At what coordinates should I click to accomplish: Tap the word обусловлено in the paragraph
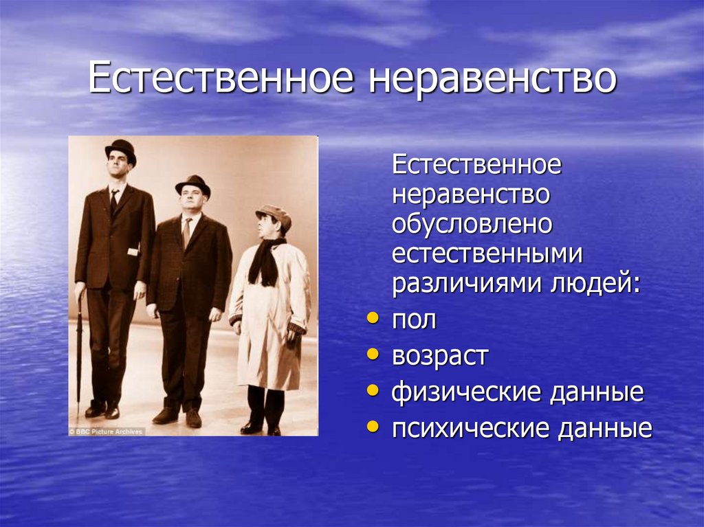coord(472,224)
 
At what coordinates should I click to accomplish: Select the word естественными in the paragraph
coord(487,254)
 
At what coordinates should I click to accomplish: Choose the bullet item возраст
coord(440,357)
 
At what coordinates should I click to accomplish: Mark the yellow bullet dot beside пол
coord(372,319)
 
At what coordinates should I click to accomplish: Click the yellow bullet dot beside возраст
coord(372,355)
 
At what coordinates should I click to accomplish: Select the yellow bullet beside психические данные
coord(372,427)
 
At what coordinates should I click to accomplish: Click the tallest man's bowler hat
coord(121,150)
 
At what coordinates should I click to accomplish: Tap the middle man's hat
coord(192,184)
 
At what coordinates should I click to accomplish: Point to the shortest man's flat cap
coord(274,214)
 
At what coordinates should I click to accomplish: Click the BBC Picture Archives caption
coord(107,431)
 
